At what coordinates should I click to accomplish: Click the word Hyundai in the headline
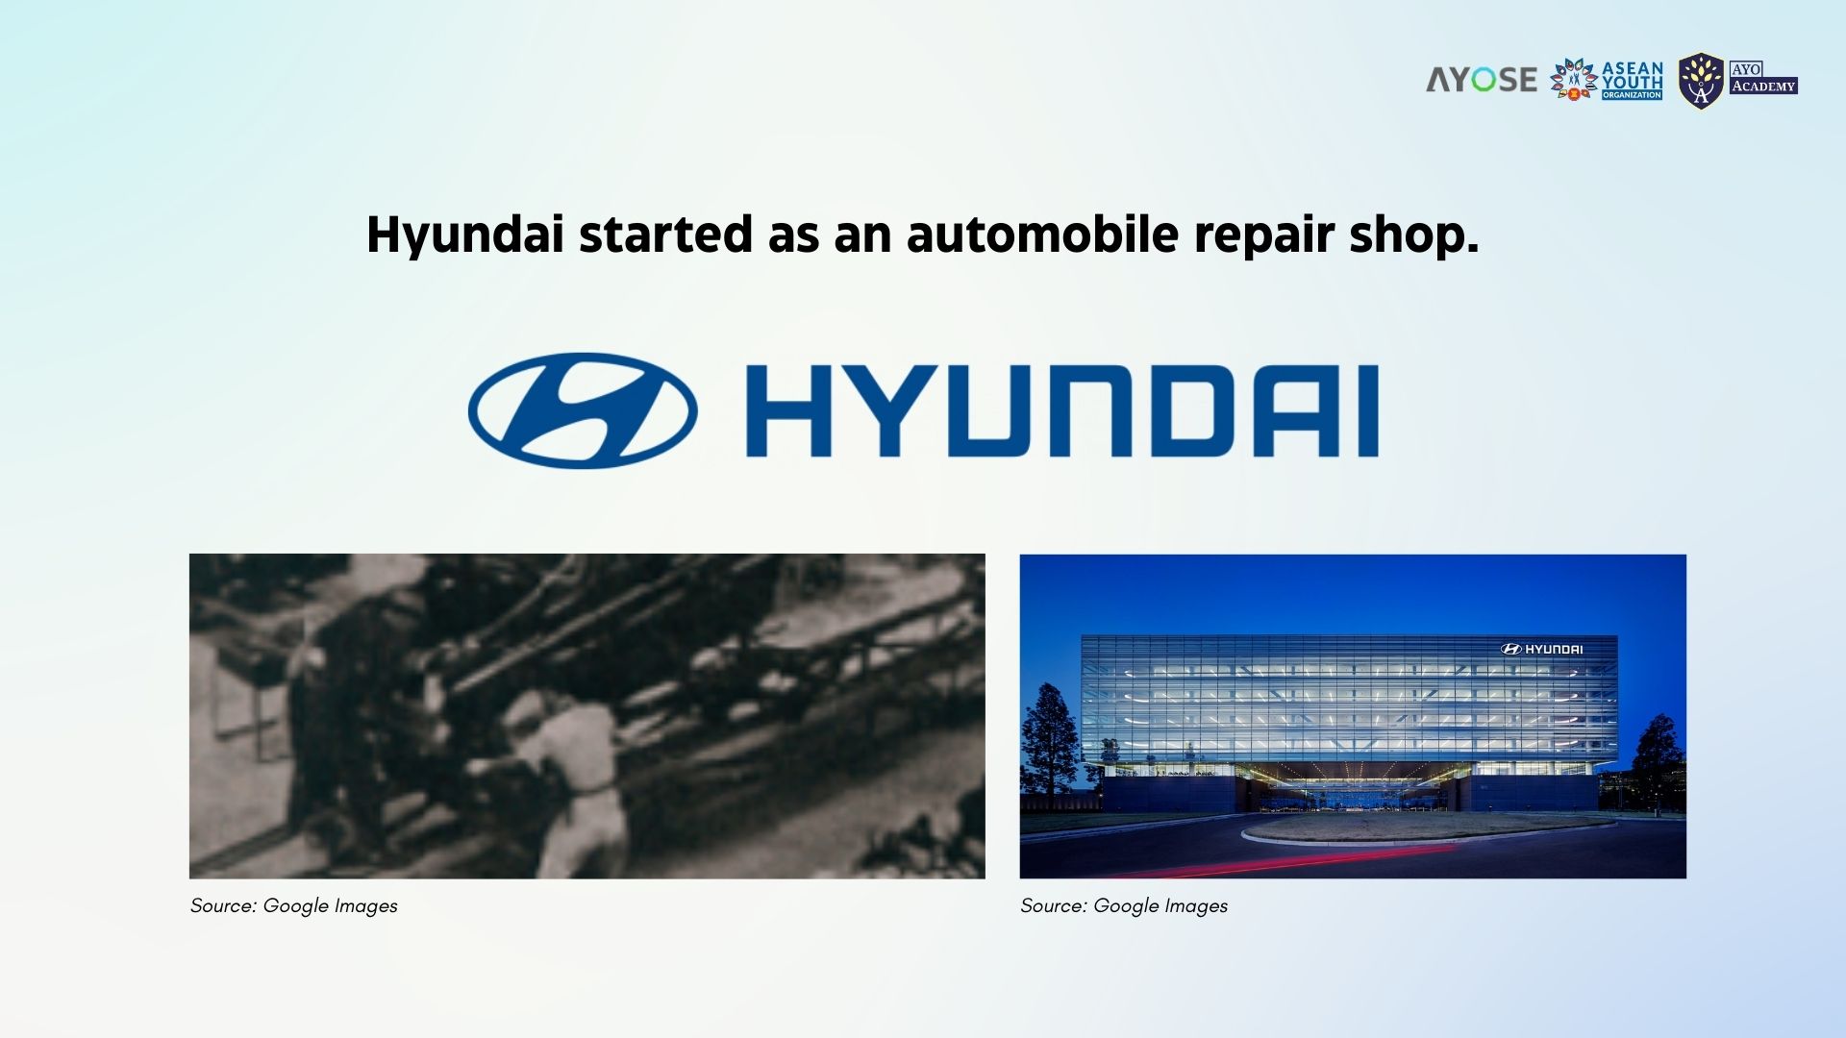point(464,235)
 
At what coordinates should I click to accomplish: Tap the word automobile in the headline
point(1042,235)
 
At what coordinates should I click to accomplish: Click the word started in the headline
point(665,235)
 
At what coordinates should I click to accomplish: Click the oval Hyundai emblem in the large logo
point(583,410)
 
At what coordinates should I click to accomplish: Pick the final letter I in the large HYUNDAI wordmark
point(1368,410)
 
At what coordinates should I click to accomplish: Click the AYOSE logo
point(1482,80)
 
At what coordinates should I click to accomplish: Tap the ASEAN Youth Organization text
point(1632,81)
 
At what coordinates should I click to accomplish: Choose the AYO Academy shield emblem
point(1701,81)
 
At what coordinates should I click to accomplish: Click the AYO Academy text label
point(1763,78)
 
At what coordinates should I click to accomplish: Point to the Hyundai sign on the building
point(1541,649)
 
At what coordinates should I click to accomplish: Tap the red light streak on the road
point(1308,860)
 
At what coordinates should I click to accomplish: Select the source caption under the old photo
point(293,906)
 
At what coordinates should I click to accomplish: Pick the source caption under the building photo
point(1124,906)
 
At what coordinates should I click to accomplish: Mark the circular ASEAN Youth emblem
point(1574,80)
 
